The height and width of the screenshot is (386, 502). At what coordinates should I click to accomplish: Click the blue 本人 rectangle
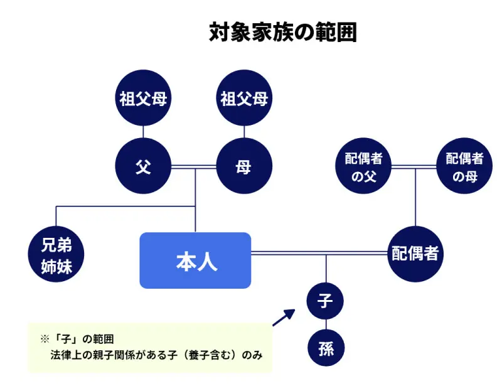[x=195, y=260]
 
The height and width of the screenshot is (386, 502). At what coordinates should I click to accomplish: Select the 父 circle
[x=144, y=167]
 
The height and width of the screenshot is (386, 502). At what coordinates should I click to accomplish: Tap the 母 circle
[x=244, y=167]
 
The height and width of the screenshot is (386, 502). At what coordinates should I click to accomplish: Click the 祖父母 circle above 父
[x=144, y=99]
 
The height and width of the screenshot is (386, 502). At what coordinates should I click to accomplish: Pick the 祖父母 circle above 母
[x=244, y=99]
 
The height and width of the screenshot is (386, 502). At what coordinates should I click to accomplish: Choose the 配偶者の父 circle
[x=363, y=167]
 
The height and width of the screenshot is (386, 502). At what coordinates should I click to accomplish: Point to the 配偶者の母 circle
[x=464, y=167]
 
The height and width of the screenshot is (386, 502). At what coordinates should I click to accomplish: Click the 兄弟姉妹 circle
[x=56, y=255]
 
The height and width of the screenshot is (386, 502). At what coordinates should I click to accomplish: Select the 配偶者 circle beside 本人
[x=415, y=254]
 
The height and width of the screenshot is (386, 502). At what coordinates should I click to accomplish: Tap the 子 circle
[x=326, y=301]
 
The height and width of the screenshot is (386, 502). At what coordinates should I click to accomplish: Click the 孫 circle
[x=326, y=349]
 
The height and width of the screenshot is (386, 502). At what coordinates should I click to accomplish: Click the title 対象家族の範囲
[x=282, y=33]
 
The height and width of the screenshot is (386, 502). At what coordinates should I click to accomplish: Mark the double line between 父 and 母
[x=194, y=168]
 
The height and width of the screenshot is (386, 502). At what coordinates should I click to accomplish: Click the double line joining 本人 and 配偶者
[x=319, y=253]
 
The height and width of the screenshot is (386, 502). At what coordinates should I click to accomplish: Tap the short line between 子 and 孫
[x=326, y=325]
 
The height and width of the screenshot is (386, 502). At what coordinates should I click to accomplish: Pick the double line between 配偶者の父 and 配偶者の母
[x=414, y=168]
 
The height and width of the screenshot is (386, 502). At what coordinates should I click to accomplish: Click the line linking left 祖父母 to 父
[x=144, y=132]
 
